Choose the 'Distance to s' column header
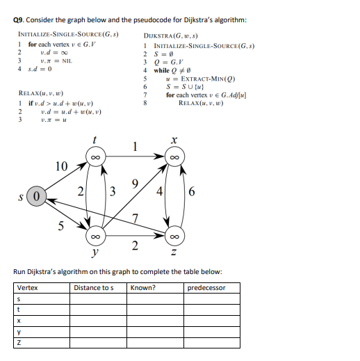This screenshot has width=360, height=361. pos(92,288)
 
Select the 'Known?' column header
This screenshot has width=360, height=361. pos(143,288)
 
